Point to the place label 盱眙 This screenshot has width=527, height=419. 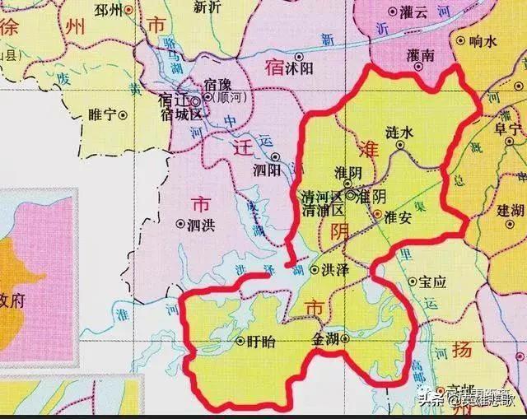[260, 340]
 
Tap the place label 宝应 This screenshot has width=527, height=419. [431, 282]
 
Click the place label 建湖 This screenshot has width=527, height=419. [511, 212]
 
